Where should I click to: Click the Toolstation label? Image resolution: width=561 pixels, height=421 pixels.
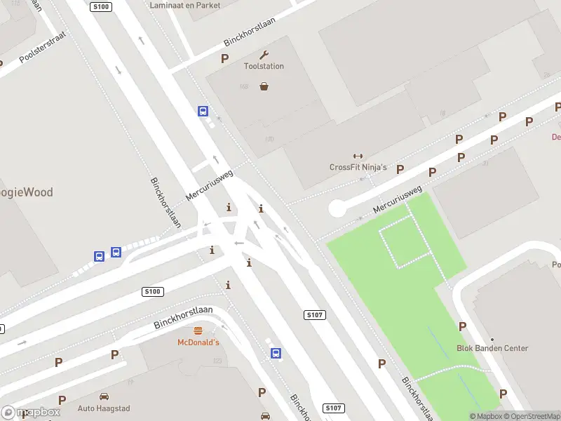264,66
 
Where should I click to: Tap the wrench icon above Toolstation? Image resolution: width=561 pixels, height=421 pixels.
264,55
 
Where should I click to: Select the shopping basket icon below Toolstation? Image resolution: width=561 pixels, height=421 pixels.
264,86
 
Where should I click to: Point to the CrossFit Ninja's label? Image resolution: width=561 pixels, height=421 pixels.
358,167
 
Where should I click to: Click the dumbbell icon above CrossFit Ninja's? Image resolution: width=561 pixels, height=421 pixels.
358,156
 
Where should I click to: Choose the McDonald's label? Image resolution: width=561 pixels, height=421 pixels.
198,342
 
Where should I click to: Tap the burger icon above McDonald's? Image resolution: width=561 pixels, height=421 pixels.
198,330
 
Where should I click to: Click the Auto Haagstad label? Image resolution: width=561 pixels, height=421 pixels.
104,408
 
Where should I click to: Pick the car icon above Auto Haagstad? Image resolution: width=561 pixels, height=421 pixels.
104,396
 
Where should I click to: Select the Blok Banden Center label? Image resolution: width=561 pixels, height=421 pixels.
492,348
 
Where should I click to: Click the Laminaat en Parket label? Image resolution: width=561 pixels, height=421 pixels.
185,5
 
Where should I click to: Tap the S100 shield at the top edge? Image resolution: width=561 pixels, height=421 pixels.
101,6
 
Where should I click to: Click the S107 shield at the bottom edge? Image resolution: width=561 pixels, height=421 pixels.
334,408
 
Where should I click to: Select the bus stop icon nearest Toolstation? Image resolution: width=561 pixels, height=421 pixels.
203,111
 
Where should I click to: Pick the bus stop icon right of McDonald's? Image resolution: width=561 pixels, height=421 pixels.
277,354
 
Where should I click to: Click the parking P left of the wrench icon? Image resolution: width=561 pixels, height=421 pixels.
224,59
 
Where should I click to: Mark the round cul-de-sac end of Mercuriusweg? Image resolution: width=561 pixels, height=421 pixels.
337,208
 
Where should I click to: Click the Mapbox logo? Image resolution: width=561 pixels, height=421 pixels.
31,413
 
